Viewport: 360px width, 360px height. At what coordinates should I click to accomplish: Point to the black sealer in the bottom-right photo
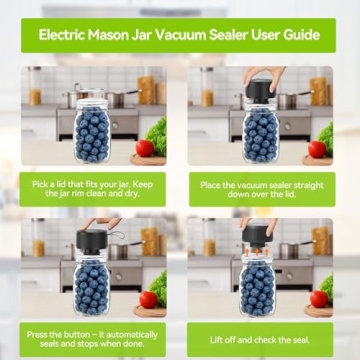coord(259,236)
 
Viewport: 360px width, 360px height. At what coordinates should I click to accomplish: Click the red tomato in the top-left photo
coord(145,148)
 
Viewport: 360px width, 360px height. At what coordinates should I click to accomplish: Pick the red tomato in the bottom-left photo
coord(148,299)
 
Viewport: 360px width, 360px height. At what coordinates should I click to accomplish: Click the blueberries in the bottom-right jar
coord(262,288)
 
